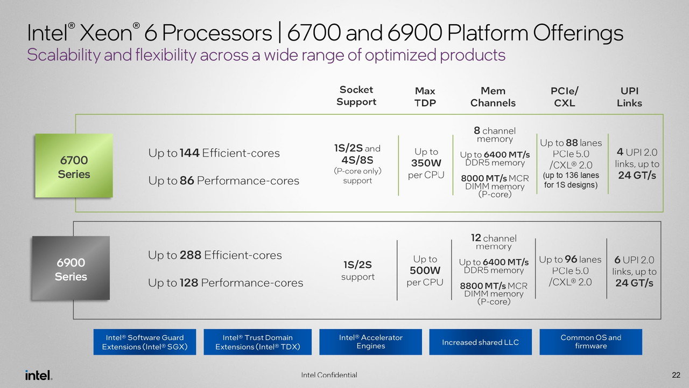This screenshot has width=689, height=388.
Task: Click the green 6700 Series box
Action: click(x=74, y=167)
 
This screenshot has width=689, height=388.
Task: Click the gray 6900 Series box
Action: click(x=71, y=269)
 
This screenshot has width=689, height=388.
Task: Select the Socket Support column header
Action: click(x=356, y=96)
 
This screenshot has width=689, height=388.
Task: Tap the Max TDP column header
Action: click(x=425, y=97)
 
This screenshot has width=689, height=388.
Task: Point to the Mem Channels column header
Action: click(x=493, y=97)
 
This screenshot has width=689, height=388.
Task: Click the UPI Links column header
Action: click(x=629, y=97)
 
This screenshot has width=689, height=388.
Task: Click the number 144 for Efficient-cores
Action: click(x=189, y=153)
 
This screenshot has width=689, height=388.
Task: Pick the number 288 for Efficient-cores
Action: click(x=191, y=255)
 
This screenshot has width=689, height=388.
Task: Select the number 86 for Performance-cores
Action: click(x=186, y=181)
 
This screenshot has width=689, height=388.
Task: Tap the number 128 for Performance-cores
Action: click(x=189, y=283)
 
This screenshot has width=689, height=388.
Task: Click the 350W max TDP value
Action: click(x=426, y=163)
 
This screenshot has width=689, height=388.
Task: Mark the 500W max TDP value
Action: click(x=425, y=271)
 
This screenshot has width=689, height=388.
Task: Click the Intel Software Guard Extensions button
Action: click(x=145, y=342)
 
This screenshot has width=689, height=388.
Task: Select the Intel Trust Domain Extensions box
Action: click(x=257, y=342)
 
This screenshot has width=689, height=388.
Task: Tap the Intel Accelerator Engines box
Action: click(x=370, y=342)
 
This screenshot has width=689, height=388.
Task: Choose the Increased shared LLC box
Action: click(x=480, y=342)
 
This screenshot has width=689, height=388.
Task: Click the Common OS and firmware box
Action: click(x=590, y=342)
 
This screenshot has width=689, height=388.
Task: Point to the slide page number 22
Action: click(x=676, y=375)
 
